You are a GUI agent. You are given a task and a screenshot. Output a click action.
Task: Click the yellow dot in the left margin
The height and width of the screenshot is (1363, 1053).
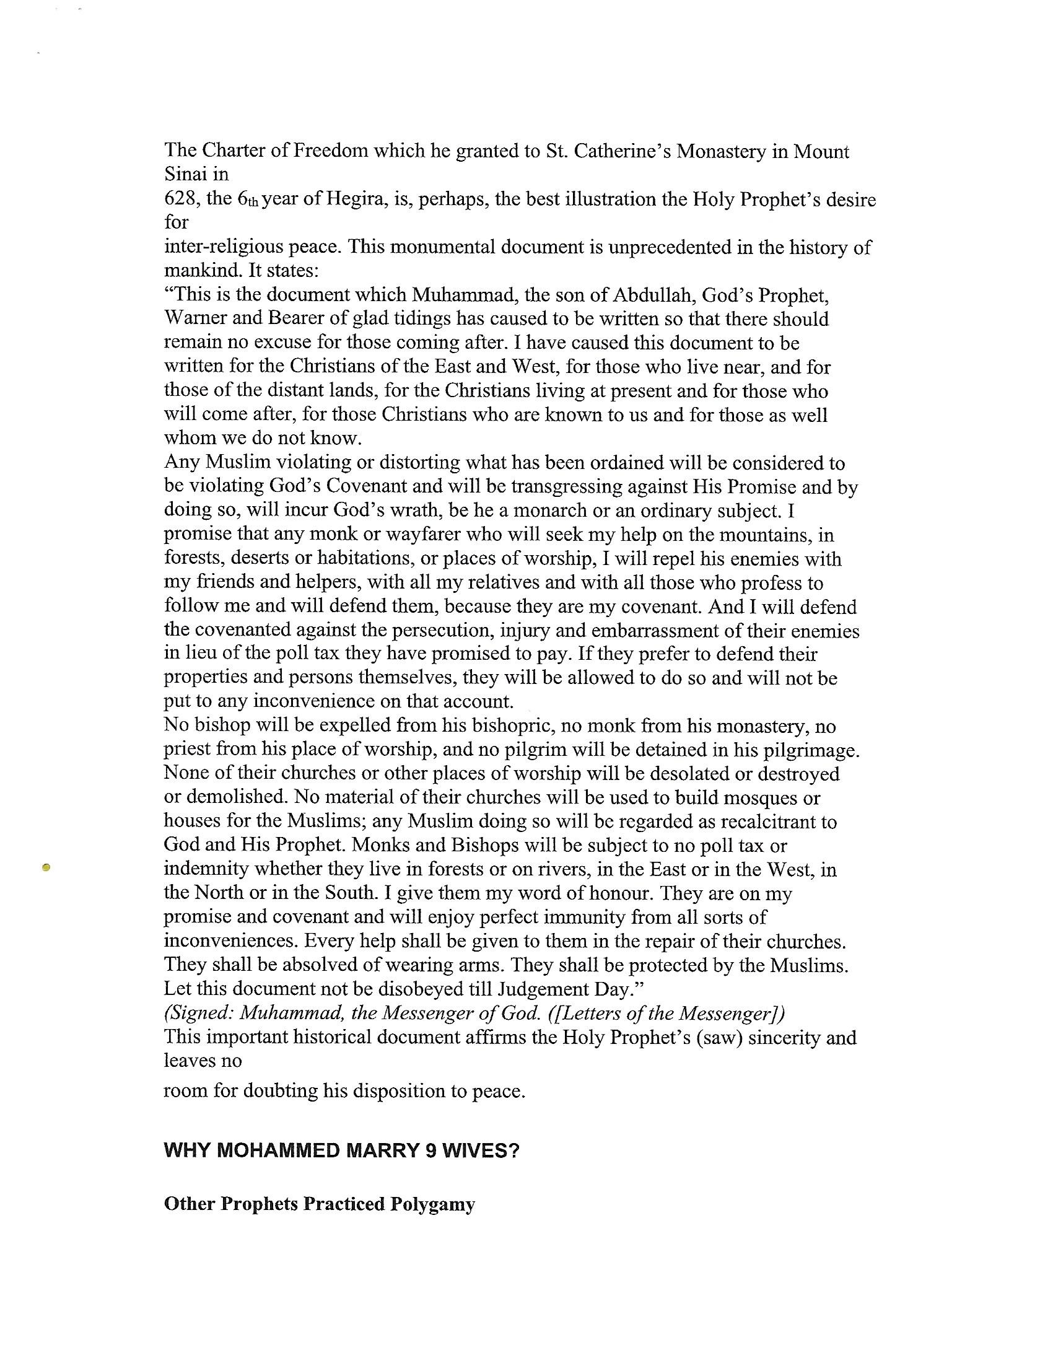[45, 867]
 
